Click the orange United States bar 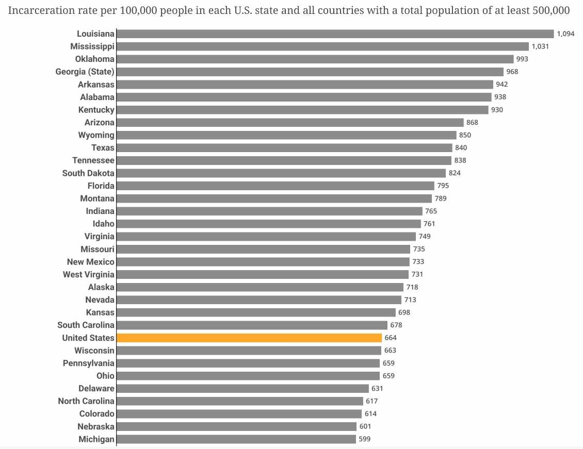[249, 338]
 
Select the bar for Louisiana [335, 34]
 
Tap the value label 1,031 [540, 46]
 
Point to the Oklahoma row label [94, 59]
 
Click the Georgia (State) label [85, 72]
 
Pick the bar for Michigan [236, 439]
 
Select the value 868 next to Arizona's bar [472, 122]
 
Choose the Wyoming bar [287, 135]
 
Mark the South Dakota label [88, 173]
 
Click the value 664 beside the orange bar [391, 338]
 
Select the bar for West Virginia [263, 274]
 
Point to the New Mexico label [91, 262]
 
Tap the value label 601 [365, 426]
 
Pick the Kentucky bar [302, 110]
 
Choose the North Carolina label [86, 401]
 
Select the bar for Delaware [243, 388]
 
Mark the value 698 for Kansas [404, 312]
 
